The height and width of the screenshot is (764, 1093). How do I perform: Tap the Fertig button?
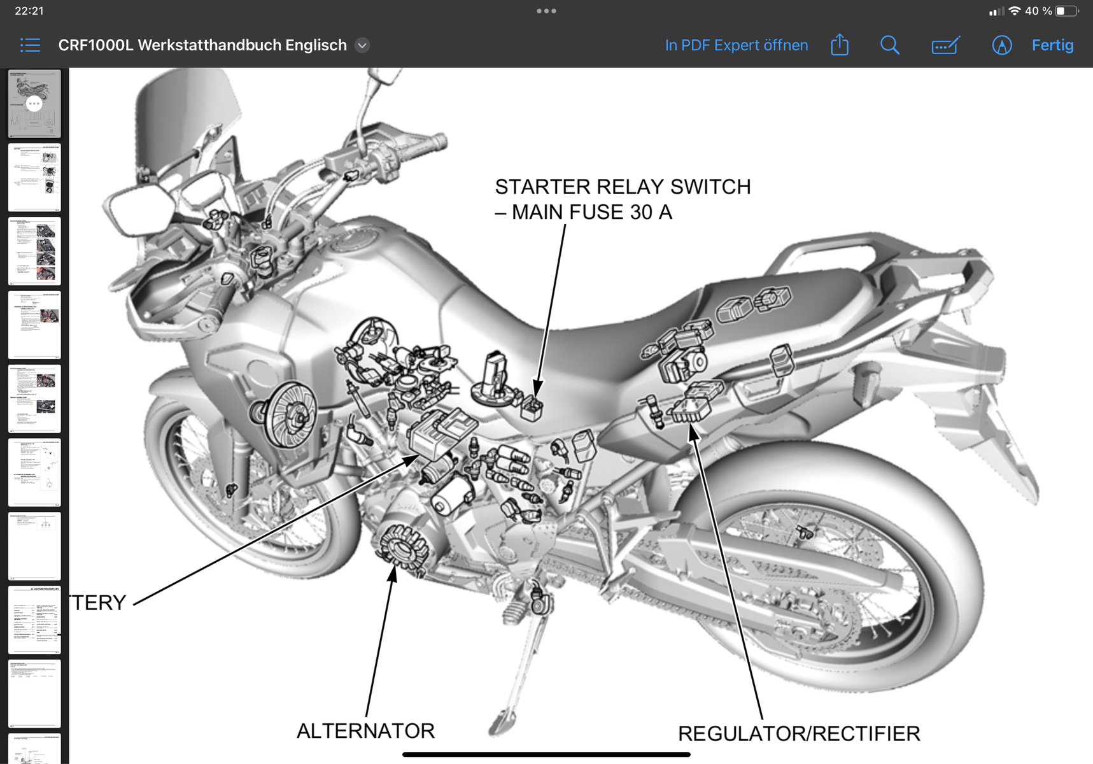[1052, 45]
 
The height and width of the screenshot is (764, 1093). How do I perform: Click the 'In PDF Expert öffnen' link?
[736, 45]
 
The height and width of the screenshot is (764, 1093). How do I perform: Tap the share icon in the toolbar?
[840, 45]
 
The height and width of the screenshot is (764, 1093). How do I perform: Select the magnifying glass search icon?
[889, 45]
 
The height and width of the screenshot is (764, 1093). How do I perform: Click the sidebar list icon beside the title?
[30, 45]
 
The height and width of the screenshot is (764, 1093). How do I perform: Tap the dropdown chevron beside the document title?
[362, 45]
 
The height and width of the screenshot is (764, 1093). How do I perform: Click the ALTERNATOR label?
[365, 731]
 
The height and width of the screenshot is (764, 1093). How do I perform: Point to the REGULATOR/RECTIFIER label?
[799, 733]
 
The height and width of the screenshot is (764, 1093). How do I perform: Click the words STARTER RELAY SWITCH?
[623, 187]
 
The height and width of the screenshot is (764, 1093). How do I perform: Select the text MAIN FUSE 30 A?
[592, 212]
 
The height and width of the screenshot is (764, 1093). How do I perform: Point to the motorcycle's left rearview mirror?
[139, 206]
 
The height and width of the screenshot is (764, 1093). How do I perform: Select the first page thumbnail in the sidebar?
[34, 104]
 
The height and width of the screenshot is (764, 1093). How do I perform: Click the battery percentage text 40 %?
[1038, 11]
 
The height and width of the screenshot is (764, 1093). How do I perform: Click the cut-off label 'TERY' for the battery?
[98, 602]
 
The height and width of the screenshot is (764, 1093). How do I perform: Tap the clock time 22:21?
[29, 11]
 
